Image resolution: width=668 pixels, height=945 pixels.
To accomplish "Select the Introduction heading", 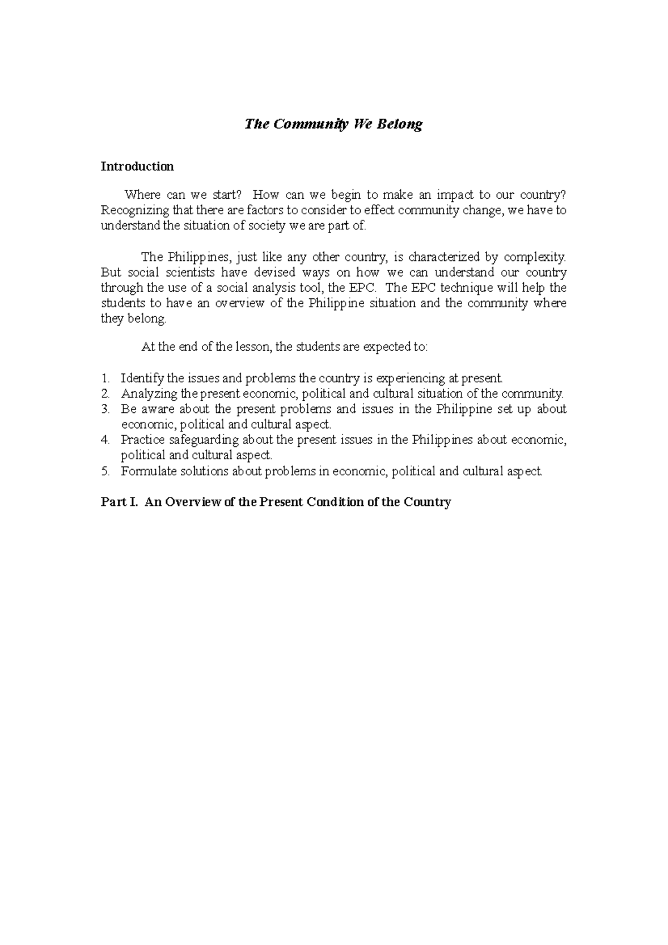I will [x=137, y=166].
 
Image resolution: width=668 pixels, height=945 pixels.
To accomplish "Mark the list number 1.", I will [x=104, y=378].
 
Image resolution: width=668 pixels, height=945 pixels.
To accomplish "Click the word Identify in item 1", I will [x=142, y=378].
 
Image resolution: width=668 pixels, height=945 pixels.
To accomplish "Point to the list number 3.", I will [x=104, y=410].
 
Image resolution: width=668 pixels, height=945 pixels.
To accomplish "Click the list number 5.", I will [x=104, y=471].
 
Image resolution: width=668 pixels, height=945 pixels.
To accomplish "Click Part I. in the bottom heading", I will [x=118, y=502].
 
